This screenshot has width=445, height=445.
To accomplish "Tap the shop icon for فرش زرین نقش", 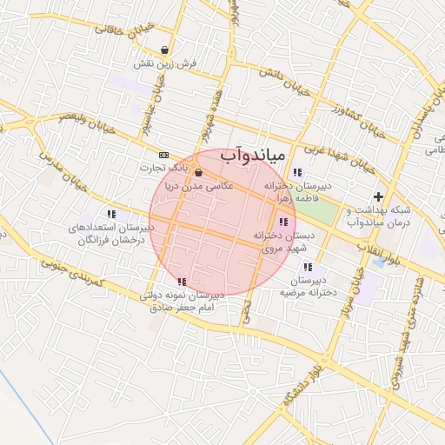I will point(165,50).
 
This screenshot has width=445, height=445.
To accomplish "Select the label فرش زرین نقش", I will point(165,64).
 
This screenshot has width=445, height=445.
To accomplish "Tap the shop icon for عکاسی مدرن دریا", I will point(199,171).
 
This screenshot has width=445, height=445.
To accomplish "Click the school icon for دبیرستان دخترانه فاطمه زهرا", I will point(297,171).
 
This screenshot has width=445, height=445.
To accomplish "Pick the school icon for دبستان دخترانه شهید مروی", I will point(283,222).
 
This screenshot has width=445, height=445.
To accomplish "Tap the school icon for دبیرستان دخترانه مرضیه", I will point(308,267).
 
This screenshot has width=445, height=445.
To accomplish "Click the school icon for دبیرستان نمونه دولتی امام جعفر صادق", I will point(182,282).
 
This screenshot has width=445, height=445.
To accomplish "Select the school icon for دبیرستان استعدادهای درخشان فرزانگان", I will point(111,213).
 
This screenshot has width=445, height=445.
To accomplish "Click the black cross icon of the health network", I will point(377,196).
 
